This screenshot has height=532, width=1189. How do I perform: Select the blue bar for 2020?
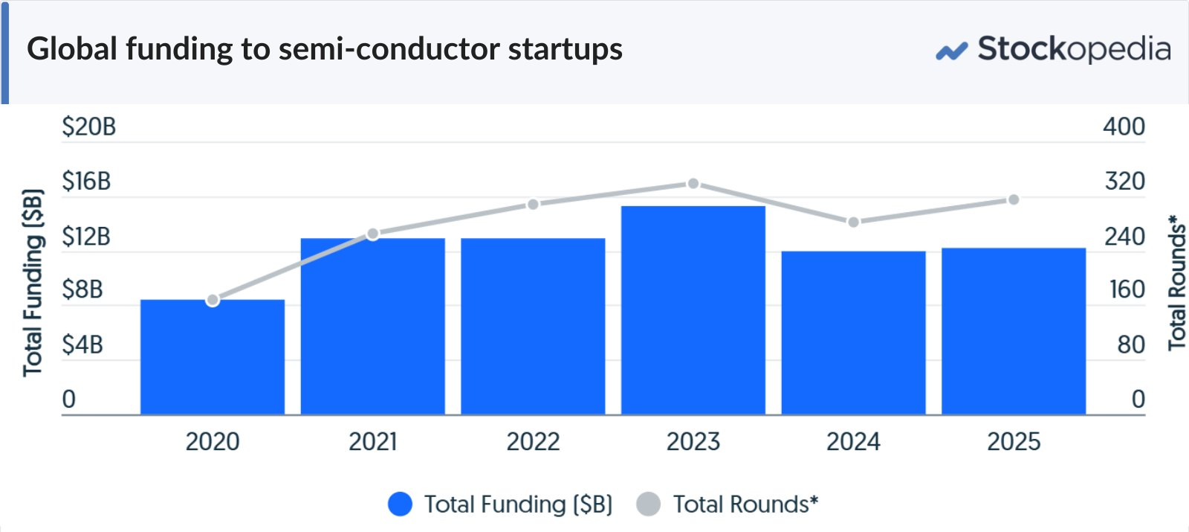pyautogui.click(x=213, y=357)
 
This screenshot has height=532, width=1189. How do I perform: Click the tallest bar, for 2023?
pyautogui.click(x=693, y=310)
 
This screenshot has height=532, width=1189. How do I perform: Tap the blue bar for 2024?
pyautogui.click(x=854, y=333)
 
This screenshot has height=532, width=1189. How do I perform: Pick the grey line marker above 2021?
pyautogui.click(x=373, y=234)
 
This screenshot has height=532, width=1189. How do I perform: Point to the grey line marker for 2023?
pyautogui.click(x=693, y=183)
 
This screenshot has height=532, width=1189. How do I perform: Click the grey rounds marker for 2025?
pyautogui.click(x=1014, y=200)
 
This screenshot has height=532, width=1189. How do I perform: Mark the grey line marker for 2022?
pyautogui.click(x=534, y=205)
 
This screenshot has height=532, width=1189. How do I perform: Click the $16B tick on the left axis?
pyautogui.click(x=86, y=182)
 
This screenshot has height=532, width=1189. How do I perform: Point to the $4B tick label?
pyautogui.click(x=82, y=345)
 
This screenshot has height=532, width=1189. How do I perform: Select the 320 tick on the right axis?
pyautogui.click(x=1125, y=182)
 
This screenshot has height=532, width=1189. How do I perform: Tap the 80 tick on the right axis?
pyautogui.click(x=1131, y=345)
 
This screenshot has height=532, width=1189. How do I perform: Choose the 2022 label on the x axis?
pyautogui.click(x=533, y=442)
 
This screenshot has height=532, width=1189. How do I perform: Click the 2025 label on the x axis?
pyautogui.click(x=1014, y=442)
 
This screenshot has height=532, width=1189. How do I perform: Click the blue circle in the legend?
pyautogui.click(x=401, y=504)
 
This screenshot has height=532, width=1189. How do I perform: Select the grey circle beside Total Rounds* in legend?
pyautogui.click(x=649, y=504)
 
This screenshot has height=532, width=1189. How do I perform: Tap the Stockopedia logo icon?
pyautogui.click(x=952, y=51)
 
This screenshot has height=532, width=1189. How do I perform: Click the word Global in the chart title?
pyautogui.click(x=71, y=49)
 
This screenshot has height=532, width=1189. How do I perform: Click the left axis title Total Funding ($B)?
pyautogui.click(x=33, y=283)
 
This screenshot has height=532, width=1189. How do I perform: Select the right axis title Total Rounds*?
pyautogui.click(x=1177, y=283)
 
